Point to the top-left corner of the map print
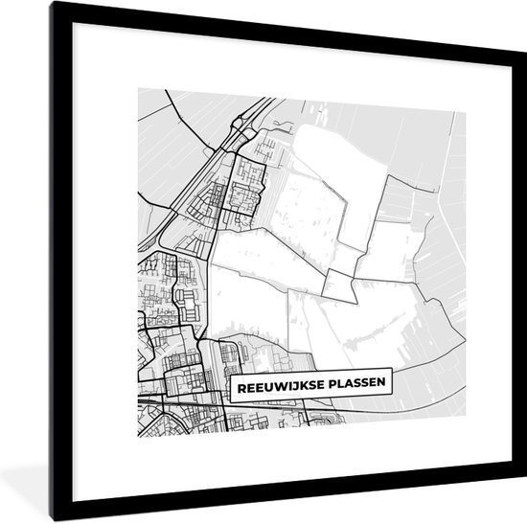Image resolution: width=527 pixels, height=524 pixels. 139,89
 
